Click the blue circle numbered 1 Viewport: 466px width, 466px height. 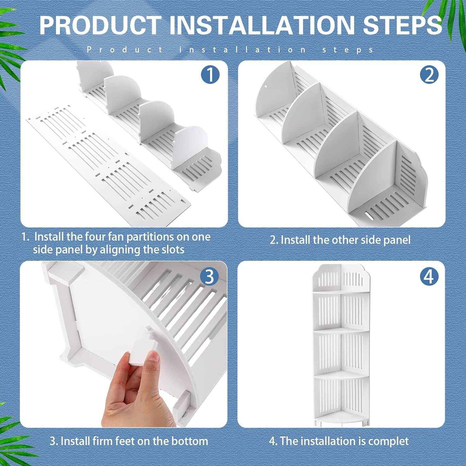click(210, 75)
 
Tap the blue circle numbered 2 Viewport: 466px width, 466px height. click(429, 75)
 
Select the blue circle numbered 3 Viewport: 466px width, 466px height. click(210, 277)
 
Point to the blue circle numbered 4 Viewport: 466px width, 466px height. click(429, 277)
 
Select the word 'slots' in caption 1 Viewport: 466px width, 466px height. click(172, 250)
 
